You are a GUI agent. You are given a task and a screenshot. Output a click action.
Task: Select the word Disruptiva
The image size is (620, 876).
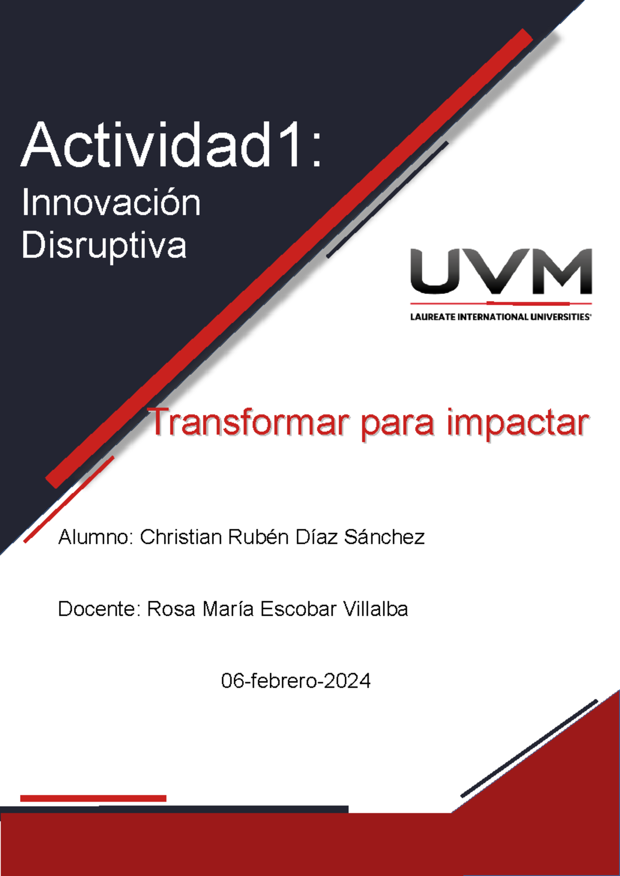[104, 245]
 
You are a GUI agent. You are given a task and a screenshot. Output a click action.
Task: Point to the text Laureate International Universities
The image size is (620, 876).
[500, 317]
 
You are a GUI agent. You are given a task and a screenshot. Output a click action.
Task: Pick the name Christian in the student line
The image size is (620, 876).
[181, 537]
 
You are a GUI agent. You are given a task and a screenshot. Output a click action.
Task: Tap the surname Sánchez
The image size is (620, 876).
[384, 537]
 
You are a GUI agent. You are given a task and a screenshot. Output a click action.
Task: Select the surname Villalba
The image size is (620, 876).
[376, 609]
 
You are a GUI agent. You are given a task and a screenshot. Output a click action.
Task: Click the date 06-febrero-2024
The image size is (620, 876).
[296, 681]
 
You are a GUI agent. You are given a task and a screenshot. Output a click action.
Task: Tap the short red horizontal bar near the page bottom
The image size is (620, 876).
[93, 798]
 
